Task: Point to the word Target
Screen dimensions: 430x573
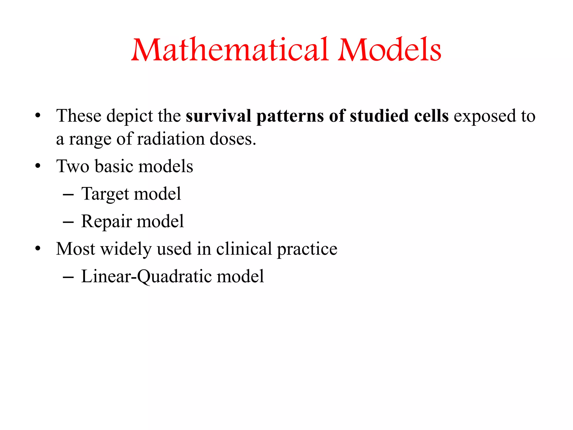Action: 105,194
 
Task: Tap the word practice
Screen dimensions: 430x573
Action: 307,249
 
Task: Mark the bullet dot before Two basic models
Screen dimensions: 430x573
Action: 38,166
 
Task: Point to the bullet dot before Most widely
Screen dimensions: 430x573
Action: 38,249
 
